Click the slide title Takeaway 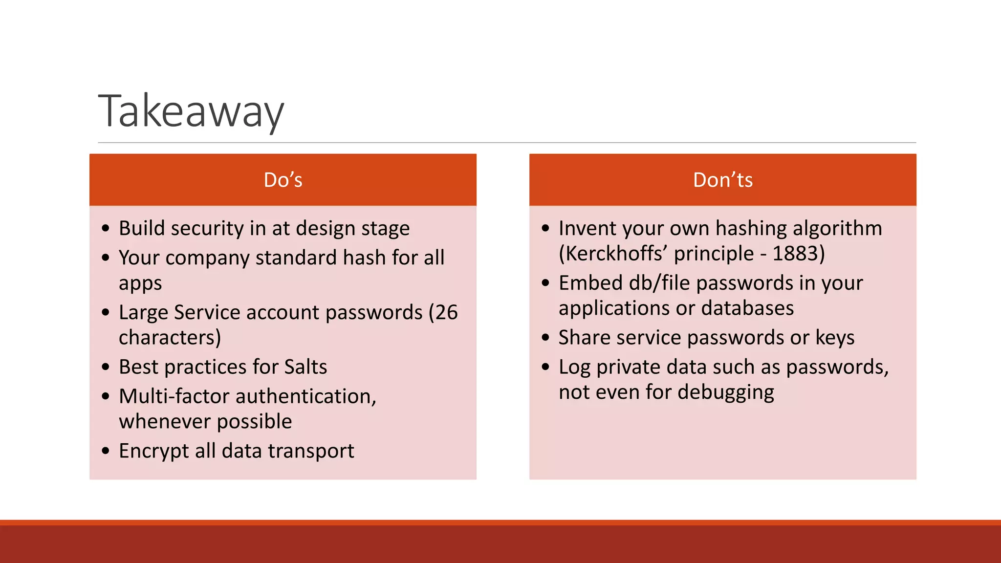tap(191, 111)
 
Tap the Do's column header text tap(283, 180)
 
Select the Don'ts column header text tap(722, 180)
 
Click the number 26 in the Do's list tap(446, 312)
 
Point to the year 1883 tap(795, 254)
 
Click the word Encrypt tap(153, 451)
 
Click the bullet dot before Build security tap(106, 228)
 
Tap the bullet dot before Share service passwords tap(546, 337)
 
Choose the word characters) tap(170, 338)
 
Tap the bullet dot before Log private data tap(546, 367)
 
